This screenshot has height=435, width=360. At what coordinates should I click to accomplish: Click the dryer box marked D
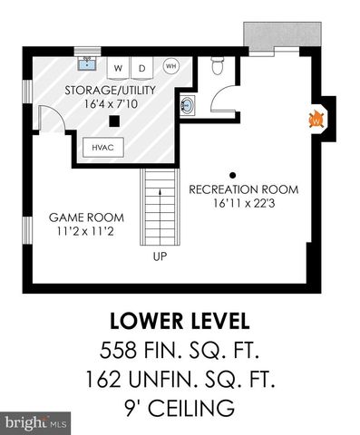tap(142, 69)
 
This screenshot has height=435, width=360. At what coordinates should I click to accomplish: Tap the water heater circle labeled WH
tap(170, 65)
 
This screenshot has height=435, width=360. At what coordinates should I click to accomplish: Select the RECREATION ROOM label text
tap(241, 189)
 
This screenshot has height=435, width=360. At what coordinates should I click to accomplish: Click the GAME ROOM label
tap(86, 218)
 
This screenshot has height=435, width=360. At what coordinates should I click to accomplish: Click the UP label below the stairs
tap(160, 256)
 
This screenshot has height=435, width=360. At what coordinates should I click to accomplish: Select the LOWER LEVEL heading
tap(180, 322)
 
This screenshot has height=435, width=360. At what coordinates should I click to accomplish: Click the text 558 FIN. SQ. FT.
tap(180, 351)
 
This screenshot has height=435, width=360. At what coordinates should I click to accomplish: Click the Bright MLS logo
tap(35, 422)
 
